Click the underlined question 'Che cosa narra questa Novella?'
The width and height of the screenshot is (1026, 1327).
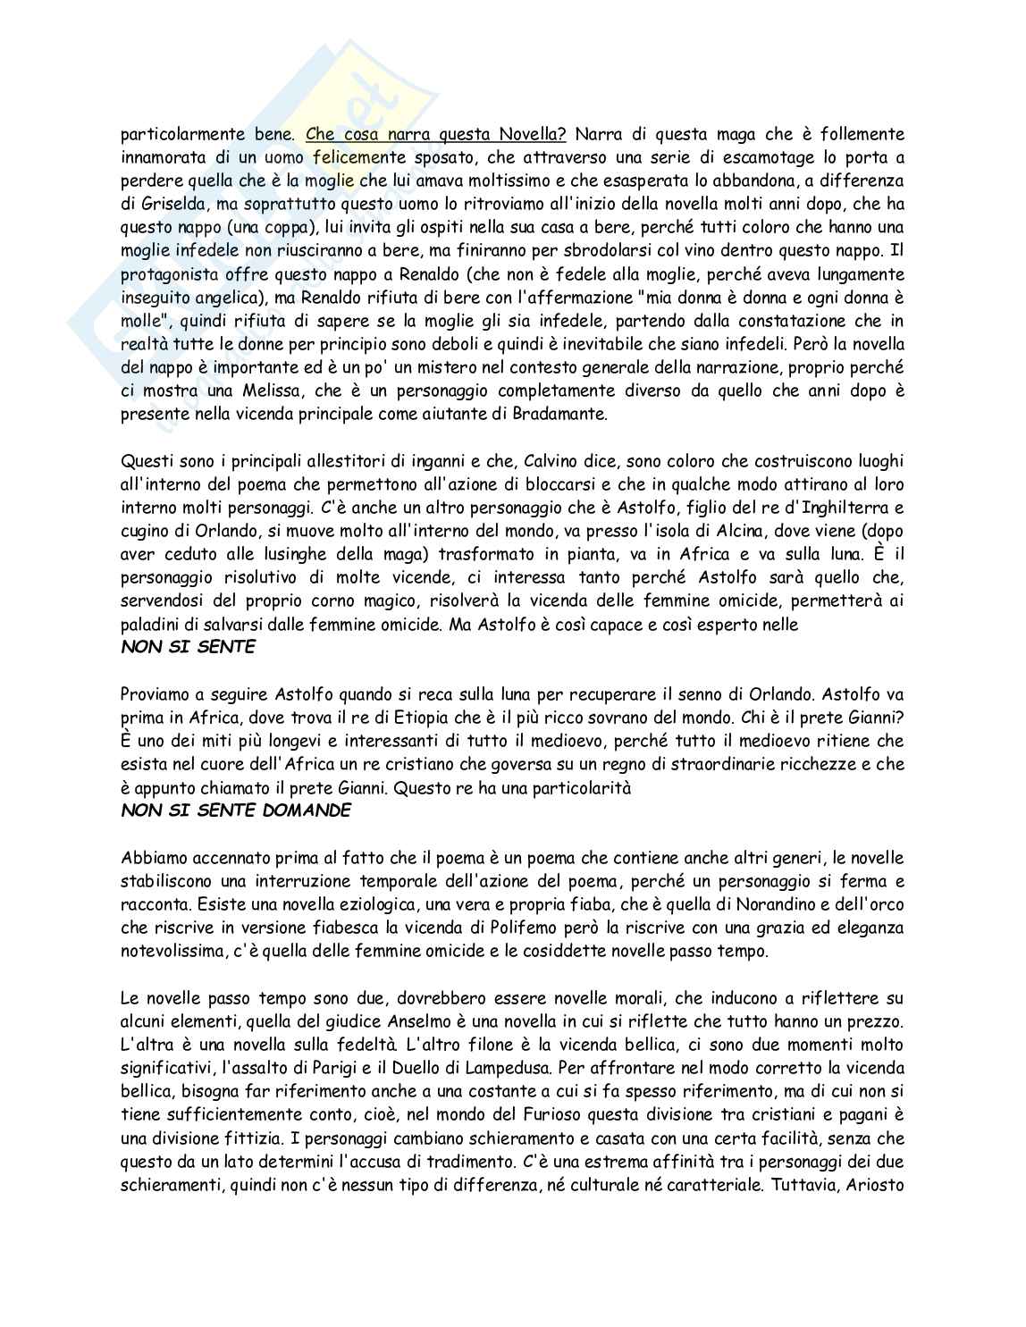(x=436, y=135)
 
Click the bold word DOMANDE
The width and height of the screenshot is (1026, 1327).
(x=304, y=810)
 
